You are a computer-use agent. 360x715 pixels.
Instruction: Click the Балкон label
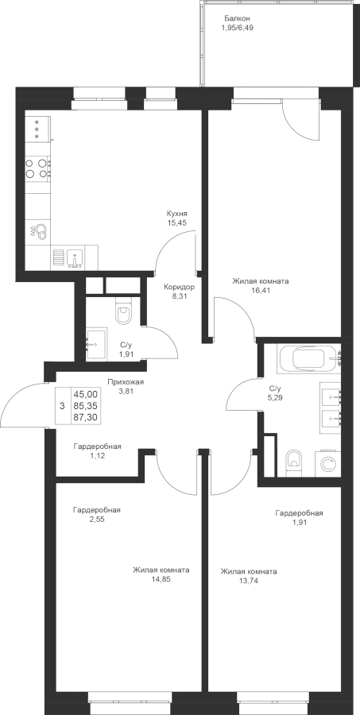pos(237,18)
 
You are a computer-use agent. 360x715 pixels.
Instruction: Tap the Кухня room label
pos(177,214)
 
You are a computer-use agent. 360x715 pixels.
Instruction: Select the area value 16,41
pos(261,290)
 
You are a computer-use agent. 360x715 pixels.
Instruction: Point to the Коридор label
pos(180,288)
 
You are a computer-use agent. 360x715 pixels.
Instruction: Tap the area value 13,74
pos(248,581)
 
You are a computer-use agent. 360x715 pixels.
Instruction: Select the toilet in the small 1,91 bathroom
pos(123,312)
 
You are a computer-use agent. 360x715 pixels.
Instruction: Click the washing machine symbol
pos(328,464)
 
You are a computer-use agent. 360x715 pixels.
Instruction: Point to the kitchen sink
pos(74,257)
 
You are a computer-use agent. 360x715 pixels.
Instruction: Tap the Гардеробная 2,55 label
pos(97,514)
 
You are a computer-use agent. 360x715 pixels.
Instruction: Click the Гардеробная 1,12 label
pos(97,450)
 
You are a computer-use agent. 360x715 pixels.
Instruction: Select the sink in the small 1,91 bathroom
pos(96,344)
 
